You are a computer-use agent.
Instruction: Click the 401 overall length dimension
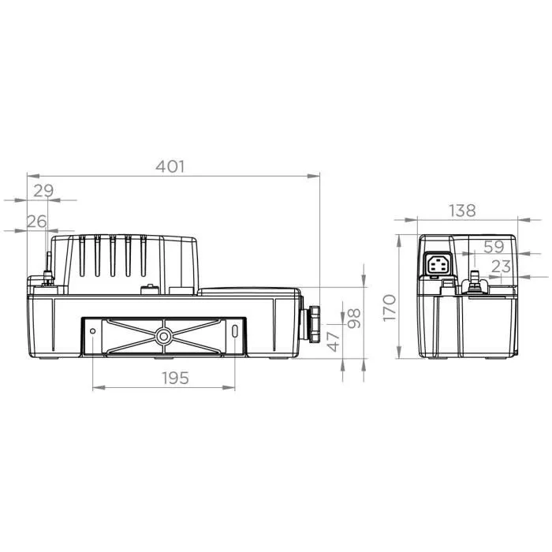point(170,166)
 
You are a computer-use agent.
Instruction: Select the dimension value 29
point(43,191)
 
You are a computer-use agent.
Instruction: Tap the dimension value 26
point(37,222)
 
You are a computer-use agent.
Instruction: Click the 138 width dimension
point(462,210)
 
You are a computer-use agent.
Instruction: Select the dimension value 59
point(493,246)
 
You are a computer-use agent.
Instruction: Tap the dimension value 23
point(501,267)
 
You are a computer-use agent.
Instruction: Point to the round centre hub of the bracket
point(164,336)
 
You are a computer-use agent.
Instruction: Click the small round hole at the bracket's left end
point(93,330)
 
